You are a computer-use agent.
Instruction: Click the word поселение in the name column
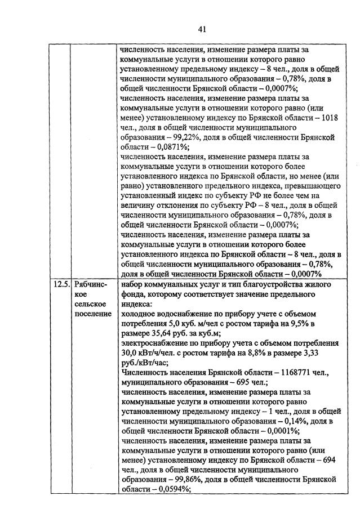92,313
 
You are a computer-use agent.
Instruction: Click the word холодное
140,314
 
